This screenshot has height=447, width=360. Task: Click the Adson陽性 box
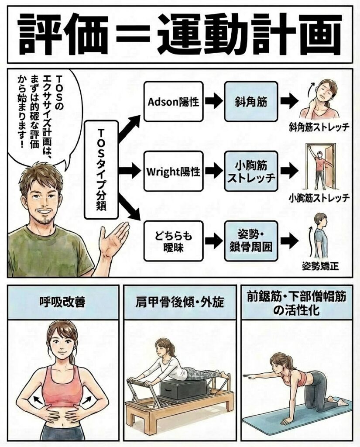pos(173,102)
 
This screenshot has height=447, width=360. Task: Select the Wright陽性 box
pos(173,171)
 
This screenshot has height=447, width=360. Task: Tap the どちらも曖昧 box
pos(173,241)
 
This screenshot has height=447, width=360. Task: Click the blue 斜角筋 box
pos(251,102)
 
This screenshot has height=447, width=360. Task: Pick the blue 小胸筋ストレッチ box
pos(251,171)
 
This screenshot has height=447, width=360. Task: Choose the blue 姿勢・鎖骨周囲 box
pos(251,241)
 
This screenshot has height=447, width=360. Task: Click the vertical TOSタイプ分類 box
pos(101,169)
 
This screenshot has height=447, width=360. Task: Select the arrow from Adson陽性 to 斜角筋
pos(214,102)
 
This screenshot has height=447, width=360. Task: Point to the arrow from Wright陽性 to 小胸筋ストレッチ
pos(214,171)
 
